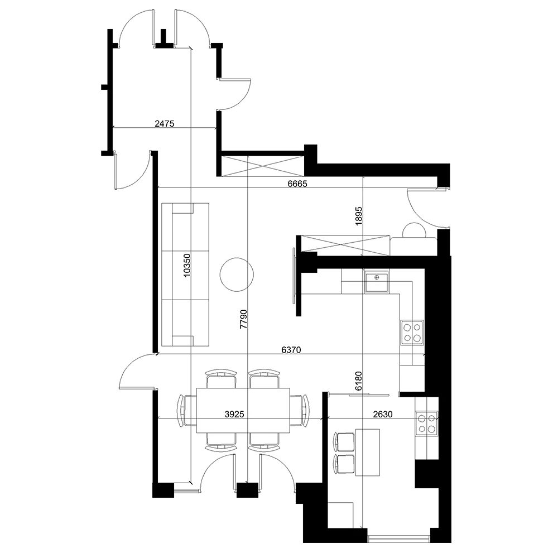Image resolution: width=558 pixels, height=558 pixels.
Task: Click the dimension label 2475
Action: (165, 123)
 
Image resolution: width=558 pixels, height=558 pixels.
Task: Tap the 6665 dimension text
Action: (297, 184)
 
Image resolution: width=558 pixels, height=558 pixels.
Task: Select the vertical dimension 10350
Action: (187, 265)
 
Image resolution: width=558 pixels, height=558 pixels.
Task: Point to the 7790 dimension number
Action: (243, 319)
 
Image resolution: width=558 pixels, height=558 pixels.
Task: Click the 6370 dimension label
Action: (291, 350)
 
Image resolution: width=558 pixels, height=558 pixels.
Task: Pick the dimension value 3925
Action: (234, 414)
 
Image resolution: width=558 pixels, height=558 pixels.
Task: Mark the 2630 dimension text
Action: (383, 414)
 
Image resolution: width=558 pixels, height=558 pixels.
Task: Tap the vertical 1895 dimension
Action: (358, 215)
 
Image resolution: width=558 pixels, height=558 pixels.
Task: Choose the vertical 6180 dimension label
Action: (358, 381)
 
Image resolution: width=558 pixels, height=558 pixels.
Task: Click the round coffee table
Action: (237, 275)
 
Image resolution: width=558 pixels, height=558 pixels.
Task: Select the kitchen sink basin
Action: (377, 281)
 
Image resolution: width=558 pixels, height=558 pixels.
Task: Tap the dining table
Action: (243, 410)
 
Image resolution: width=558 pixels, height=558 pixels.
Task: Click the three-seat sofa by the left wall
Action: (185, 275)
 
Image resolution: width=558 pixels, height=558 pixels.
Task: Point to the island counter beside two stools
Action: (368, 453)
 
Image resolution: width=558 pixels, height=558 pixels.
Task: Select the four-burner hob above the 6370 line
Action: (412, 333)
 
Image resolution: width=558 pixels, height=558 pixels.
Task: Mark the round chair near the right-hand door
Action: (414, 230)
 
